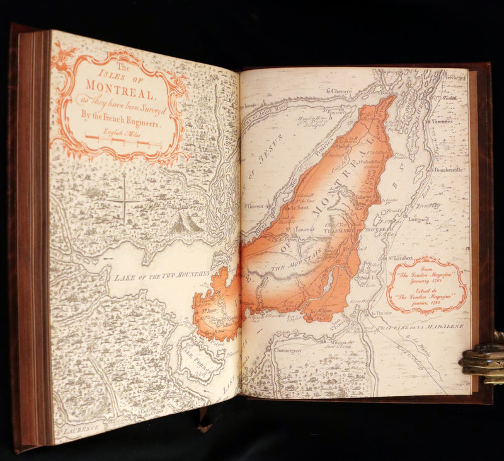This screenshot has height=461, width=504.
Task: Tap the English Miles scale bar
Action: (x=123, y=140)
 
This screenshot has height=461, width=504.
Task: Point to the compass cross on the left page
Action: (x=124, y=201)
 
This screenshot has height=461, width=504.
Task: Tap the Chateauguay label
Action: (x=287, y=350)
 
